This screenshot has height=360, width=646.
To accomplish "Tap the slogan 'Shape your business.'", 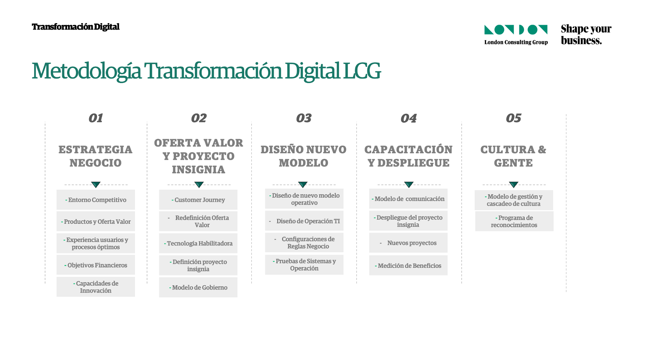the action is pos(586,35).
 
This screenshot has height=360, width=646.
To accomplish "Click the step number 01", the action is pos(96,118).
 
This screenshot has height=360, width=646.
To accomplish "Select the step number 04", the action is pos(409,118).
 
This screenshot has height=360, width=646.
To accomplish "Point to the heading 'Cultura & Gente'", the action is pos(513,156).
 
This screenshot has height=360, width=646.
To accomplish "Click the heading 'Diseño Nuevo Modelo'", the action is pos(304,156).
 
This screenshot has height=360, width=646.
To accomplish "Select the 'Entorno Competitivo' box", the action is pos(96,200).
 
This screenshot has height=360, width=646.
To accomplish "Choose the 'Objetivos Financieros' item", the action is pos(96,265).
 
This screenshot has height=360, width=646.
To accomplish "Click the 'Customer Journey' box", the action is pos(198,200).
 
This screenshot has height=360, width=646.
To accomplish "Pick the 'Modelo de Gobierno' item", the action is pos(198,287).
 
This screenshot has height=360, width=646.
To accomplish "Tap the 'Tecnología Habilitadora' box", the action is pos(198,243).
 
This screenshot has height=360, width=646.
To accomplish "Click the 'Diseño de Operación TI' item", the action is pos(304,221).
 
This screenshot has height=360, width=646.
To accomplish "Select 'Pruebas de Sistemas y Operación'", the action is pos(304,264).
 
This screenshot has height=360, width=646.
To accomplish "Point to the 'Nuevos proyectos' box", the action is pos(408,243).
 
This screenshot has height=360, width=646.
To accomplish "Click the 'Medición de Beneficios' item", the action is pos(408,266).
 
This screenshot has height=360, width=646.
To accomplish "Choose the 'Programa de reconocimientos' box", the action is pos(514,221).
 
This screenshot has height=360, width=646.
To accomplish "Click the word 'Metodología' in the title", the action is pos(86,71).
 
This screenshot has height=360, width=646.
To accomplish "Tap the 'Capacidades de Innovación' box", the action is pos(96,287).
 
